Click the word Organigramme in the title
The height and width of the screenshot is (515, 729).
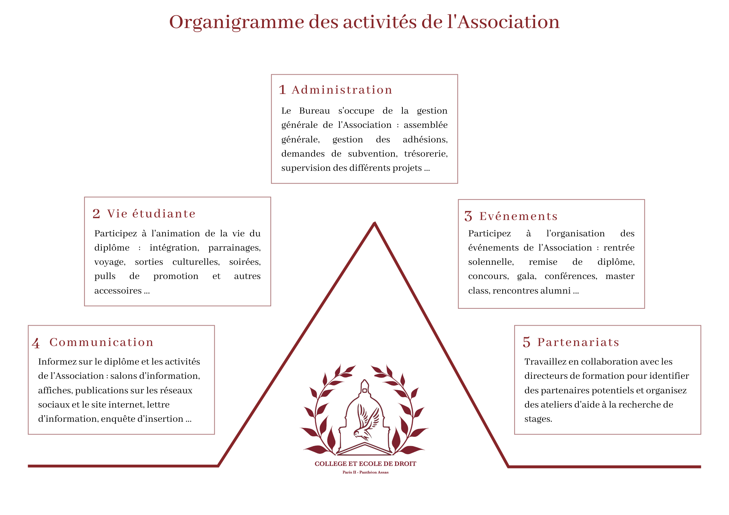pyautogui.click(x=237, y=23)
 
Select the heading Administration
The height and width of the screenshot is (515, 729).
pyautogui.click(x=342, y=90)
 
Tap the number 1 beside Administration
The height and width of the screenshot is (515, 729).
pyautogui.click(x=282, y=90)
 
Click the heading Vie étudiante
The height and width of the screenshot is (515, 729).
pyautogui.click(x=151, y=214)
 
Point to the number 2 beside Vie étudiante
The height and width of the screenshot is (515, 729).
pyautogui.click(x=96, y=214)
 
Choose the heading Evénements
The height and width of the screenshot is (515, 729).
pyautogui.click(x=518, y=216)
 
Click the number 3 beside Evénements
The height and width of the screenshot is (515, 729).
pyautogui.click(x=468, y=216)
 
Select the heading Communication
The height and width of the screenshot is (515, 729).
pyautogui.click(x=101, y=342)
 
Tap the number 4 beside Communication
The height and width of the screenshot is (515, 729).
pyautogui.click(x=36, y=343)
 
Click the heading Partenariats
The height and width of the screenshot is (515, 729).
pyautogui.click(x=578, y=342)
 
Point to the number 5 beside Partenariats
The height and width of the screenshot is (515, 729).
pyautogui.click(x=526, y=342)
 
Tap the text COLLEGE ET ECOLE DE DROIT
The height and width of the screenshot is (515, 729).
pyautogui.click(x=365, y=464)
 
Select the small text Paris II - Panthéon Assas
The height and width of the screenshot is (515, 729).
pyautogui.click(x=365, y=472)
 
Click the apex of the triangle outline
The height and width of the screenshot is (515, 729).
pyautogui.click(x=374, y=223)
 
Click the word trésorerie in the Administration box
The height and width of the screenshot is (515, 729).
pyautogui.click(x=425, y=154)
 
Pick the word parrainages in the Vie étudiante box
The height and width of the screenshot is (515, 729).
pyautogui.click(x=234, y=248)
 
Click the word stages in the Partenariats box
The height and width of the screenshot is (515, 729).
pyautogui.click(x=538, y=419)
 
